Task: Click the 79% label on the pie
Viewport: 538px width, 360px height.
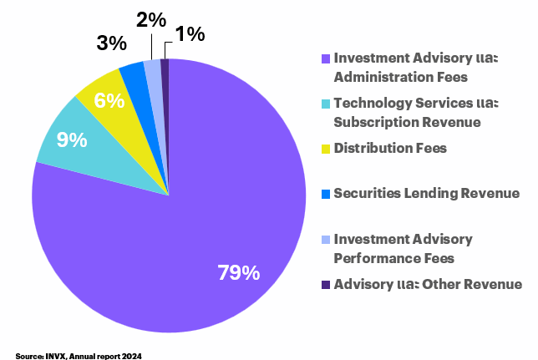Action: click(238, 272)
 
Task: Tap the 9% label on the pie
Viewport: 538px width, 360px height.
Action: click(72, 139)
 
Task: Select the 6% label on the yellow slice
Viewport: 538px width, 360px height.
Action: click(110, 101)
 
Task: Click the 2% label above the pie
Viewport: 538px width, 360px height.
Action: click(151, 19)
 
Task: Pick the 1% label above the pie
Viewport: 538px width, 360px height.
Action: click(190, 34)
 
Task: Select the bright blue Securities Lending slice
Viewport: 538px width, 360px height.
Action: click(134, 75)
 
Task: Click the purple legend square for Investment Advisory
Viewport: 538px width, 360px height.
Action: click(326, 59)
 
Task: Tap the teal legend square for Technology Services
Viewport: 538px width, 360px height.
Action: click(326, 104)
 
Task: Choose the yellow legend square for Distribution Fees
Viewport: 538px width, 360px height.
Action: click(326, 150)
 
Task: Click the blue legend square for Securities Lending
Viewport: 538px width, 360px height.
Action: click(326, 195)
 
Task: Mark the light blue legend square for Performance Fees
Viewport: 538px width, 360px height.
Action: click(326, 241)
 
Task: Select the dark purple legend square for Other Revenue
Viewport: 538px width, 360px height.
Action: click(326, 286)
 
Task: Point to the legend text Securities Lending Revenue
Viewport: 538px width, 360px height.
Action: click(426, 194)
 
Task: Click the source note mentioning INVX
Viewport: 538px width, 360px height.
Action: click(79, 354)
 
